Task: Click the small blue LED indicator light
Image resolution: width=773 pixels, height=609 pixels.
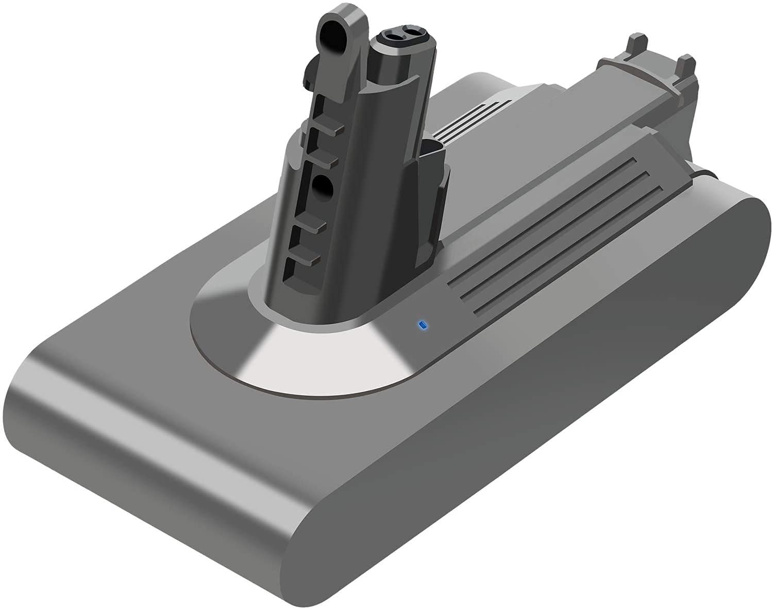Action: pyautogui.click(x=423, y=325)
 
